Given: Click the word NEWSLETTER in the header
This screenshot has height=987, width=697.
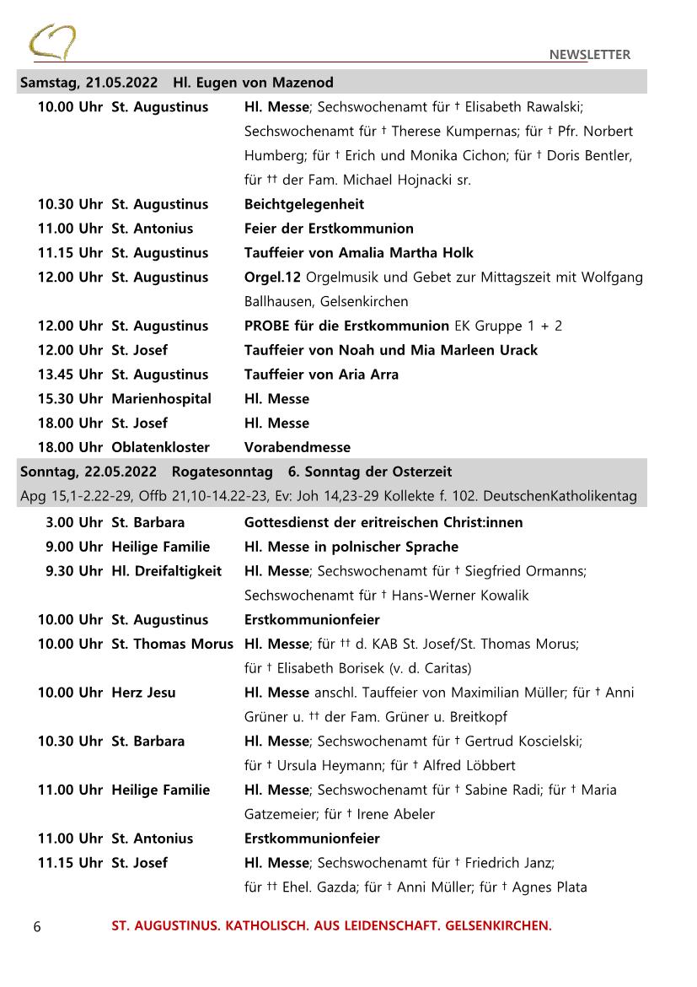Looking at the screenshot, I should (589, 55).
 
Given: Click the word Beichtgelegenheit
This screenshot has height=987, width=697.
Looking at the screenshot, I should (304, 204).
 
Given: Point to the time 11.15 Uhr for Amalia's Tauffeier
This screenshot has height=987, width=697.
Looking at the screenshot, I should (70, 253).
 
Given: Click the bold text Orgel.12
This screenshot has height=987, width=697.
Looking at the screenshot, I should (272, 278).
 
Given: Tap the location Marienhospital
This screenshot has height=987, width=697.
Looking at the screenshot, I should (161, 399).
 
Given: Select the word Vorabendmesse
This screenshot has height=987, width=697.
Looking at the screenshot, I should (298, 447).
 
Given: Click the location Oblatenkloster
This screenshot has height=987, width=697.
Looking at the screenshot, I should (160, 447).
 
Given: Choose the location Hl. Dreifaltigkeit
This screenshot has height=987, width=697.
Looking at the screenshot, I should (167, 571).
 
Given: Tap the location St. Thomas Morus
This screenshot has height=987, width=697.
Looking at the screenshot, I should (172, 645).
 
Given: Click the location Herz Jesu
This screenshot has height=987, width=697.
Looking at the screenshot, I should (143, 693).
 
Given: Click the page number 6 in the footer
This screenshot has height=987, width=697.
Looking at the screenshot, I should (36, 926).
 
